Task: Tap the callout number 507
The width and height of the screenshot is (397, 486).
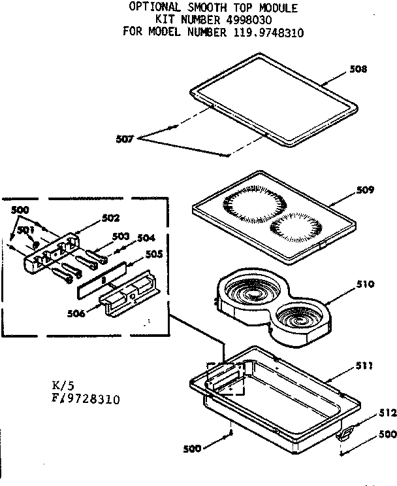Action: (x=124, y=139)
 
